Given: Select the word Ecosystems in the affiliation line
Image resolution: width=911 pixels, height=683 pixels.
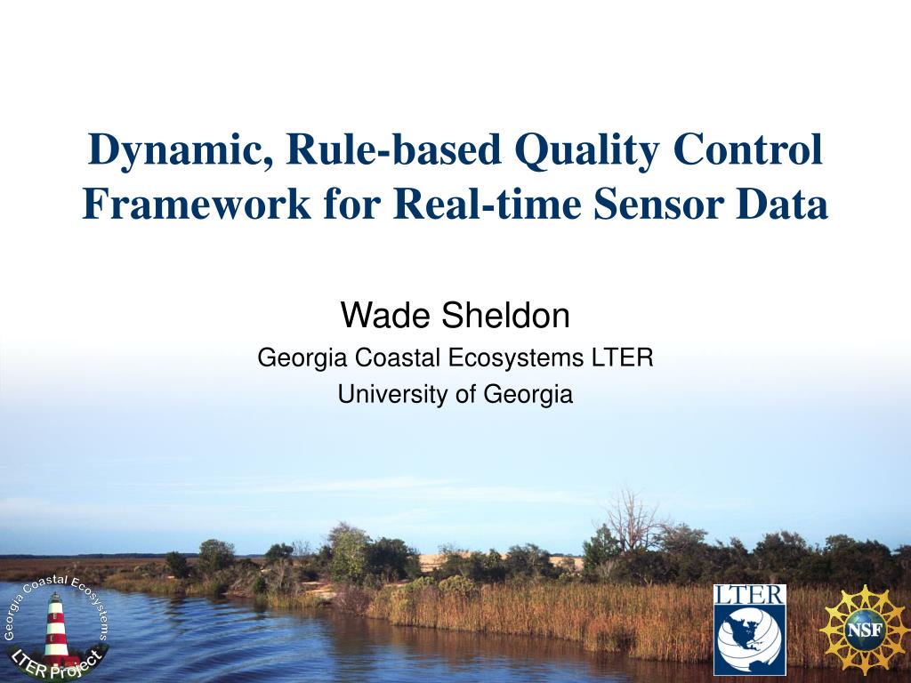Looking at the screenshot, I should (x=517, y=358).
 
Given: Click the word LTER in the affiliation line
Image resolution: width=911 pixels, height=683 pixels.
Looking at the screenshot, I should (x=623, y=358).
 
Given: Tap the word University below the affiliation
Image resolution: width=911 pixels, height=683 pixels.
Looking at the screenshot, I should (x=393, y=394).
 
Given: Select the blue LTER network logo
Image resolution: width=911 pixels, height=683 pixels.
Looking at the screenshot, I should (x=749, y=630).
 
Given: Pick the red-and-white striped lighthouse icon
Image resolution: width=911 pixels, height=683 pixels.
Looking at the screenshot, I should (x=56, y=630).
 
